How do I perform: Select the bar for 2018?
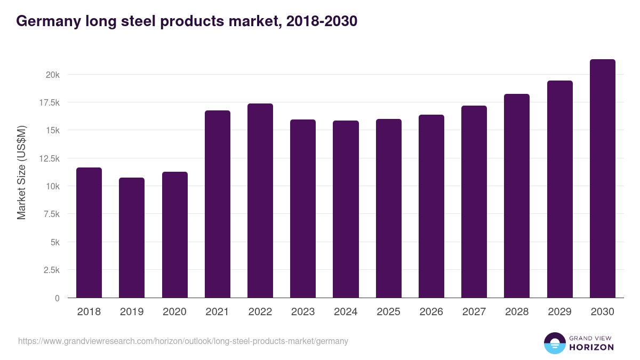[x=89, y=233]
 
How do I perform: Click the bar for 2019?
[x=132, y=238]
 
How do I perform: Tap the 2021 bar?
[x=218, y=204]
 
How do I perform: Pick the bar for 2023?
[x=303, y=209]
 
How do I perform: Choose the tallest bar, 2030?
[x=603, y=179]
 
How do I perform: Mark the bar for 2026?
[x=431, y=206]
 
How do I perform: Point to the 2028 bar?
[x=517, y=196]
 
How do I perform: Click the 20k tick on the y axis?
[x=52, y=75]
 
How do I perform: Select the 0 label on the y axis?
[x=57, y=298]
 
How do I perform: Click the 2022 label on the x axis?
[x=260, y=312]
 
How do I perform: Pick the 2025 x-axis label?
[x=388, y=312]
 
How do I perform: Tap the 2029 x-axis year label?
[x=559, y=312]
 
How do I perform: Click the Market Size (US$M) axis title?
[x=21, y=172]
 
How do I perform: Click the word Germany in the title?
[x=49, y=21]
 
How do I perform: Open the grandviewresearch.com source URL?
[x=183, y=341]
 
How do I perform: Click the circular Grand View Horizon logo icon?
[x=554, y=343]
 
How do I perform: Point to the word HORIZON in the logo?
[x=592, y=347]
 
